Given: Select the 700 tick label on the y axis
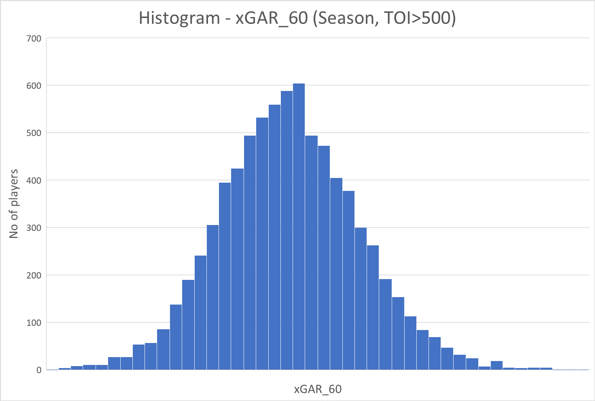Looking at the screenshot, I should [33, 38].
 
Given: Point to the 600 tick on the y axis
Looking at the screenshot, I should [33, 86].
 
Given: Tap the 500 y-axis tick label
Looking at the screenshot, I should [33, 133].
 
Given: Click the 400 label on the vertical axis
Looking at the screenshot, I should [33, 181].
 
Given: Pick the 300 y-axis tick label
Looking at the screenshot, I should [33, 228].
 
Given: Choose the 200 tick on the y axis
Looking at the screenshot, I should [33, 276].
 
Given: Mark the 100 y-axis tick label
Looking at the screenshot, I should [33, 323].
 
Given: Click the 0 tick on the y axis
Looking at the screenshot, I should [39, 370].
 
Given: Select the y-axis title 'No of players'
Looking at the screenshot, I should [14, 204].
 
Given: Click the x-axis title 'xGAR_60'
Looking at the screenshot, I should [318, 389].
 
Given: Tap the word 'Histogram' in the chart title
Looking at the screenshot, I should [179, 18].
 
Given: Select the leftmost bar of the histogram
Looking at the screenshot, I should [65, 368].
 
